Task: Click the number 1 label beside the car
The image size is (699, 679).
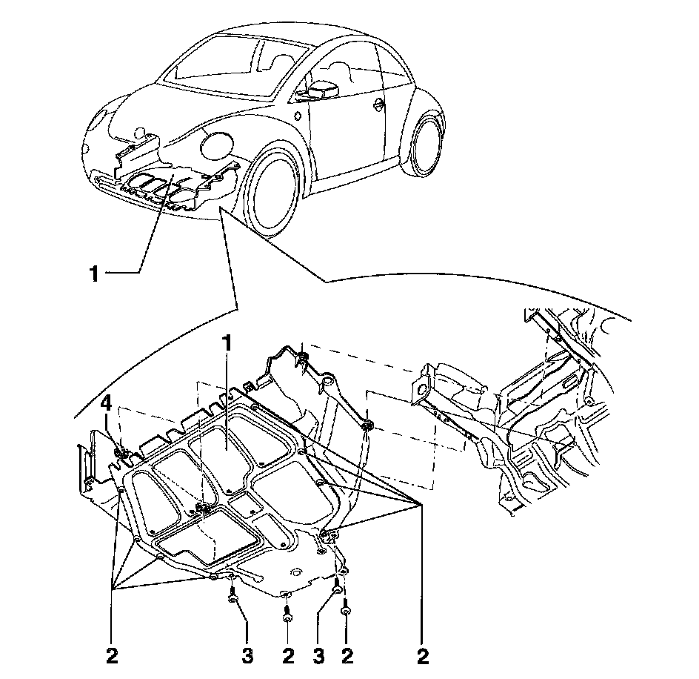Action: [x=94, y=274]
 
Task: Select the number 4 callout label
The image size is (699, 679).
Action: [x=107, y=404]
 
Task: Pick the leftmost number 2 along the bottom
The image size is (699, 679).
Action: [x=112, y=655]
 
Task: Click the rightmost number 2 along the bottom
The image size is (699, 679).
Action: [x=423, y=655]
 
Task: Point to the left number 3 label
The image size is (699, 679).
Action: [x=247, y=655]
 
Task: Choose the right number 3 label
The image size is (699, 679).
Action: [x=319, y=655]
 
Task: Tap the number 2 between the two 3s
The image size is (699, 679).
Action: [x=288, y=655]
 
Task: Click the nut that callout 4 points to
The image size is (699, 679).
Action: [x=119, y=451]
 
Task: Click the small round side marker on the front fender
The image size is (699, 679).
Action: [x=297, y=116]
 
